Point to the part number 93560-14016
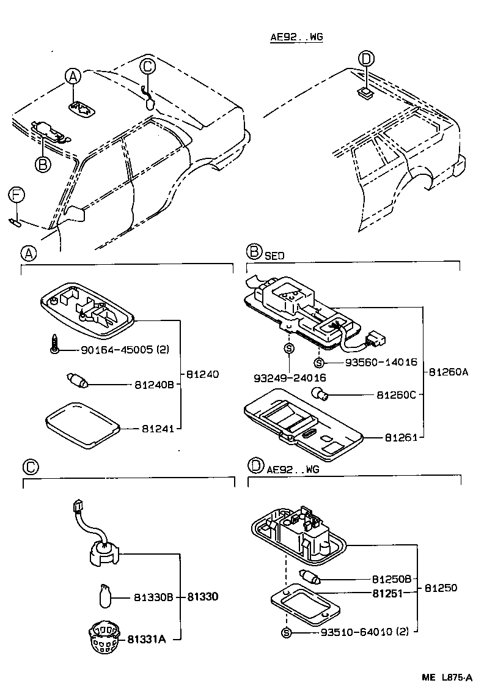click(x=381, y=362)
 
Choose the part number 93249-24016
click(x=289, y=378)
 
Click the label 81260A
click(x=448, y=371)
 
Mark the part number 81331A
click(x=147, y=640)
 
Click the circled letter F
click(x=16, y=196)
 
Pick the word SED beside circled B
click(x=274, y=256)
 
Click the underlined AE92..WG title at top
click(x=296, y=37)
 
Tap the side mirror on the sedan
click(x=75, y=213)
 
